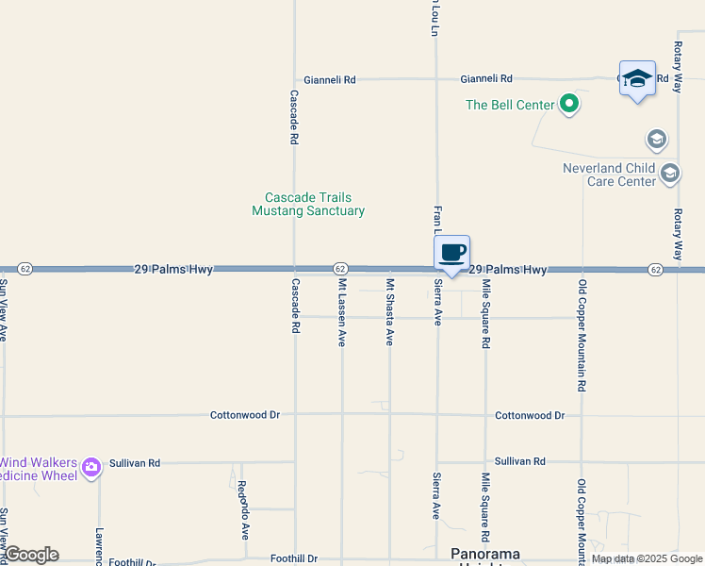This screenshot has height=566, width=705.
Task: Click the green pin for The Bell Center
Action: coord(568,104)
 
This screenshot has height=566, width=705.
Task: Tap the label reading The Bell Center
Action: coord(510,105)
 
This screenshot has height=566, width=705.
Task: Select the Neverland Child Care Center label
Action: coord(609,175)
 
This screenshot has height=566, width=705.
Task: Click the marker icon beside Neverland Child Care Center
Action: coord(670,174)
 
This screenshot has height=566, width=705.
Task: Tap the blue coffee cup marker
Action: coord(452,253)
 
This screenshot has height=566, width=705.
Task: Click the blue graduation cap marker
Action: coord(637,79)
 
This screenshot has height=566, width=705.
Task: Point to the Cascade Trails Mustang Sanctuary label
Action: coord(308,205)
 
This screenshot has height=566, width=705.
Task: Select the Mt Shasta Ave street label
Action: coord(389,312)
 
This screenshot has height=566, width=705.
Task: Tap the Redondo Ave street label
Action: coord(242,510)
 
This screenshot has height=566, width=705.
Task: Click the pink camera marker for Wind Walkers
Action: coord(91,467)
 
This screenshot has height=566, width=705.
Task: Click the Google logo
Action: coord(31,555)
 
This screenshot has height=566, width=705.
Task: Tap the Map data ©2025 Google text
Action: coord(647,559)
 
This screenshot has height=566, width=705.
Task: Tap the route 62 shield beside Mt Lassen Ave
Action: coord(340,270)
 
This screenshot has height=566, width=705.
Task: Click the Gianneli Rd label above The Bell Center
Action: coord(485,79)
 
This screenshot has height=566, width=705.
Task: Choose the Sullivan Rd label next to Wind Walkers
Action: coord(135,463)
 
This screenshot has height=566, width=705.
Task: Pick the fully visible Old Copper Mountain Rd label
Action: coord(582,336)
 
